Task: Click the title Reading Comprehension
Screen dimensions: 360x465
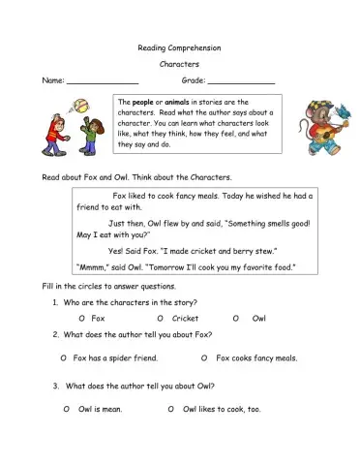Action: (179, 46)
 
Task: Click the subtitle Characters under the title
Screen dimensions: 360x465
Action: (179, 63)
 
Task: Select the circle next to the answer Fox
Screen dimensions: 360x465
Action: (81, 318)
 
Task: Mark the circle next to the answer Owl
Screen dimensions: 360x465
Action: (235, 318)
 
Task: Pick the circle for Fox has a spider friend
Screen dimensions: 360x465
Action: (64, 358)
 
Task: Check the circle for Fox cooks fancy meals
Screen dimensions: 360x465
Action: (204, 358)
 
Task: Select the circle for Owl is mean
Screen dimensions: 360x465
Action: (66, 410)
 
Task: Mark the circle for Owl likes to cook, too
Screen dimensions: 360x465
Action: (171, 410)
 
